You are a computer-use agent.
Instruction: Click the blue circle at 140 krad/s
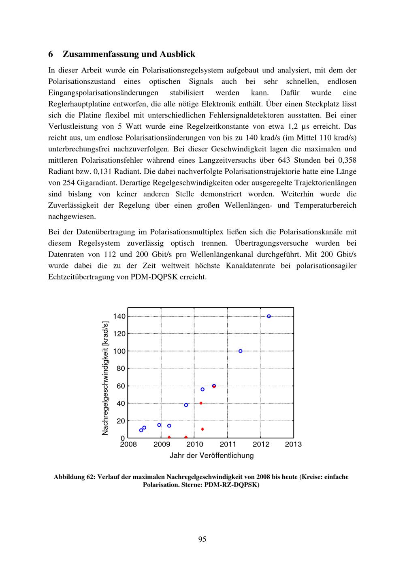[x=269, y=316]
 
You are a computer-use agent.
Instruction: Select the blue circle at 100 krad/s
[x=241, y=351]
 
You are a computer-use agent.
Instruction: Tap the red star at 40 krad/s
[x=201, y=403]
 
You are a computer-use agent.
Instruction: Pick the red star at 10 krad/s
[x=202, y=429]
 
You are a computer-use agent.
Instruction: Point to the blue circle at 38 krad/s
[x=186, y=405]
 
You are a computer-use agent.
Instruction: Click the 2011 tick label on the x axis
[x=228, y=444]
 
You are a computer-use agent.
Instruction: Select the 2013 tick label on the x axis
[x=293, y=444]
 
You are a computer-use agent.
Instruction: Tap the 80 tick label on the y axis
[x=121, y=368]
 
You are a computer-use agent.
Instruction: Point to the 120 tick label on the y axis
[x=119, y=334]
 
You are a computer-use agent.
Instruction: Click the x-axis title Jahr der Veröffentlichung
[x=211, y=455]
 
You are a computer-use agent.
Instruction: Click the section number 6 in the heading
[x=51, y=54]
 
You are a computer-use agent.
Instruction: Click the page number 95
[x=202, y=539]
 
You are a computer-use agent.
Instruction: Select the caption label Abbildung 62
[x=75, y=477]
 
